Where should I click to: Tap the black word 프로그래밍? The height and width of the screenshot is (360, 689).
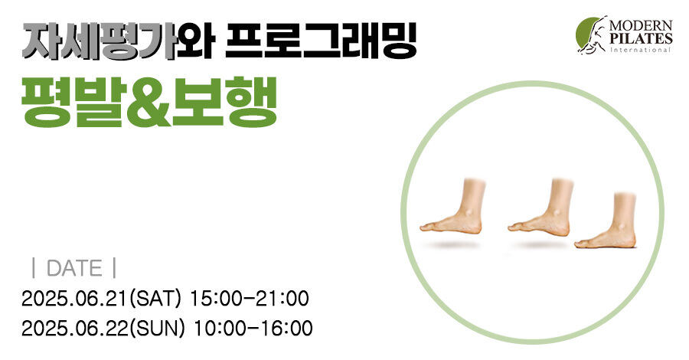[321, 41]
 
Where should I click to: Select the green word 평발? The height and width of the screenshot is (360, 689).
[73, 102]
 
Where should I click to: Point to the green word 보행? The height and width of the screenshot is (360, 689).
[224, 102]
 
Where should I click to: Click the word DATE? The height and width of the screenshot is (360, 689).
[74, 269]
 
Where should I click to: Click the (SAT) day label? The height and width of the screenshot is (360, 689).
[155, 299]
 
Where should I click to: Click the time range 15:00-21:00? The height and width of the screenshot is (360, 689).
[249, 299]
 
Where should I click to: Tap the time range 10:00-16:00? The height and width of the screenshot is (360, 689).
[253, 329]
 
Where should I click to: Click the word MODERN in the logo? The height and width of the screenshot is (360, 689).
[641, 25]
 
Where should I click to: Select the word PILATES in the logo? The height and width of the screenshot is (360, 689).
[641, 39]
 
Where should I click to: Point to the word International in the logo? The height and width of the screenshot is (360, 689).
[640, 50]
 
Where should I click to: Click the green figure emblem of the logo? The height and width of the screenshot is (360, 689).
[592, 35]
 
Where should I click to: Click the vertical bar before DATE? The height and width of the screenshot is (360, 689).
[34, 269]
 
